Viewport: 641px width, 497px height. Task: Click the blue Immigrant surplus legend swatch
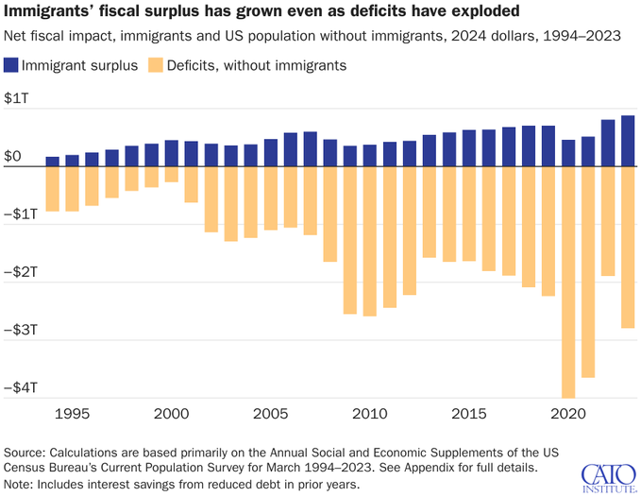13,65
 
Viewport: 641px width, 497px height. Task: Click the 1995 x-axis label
72,414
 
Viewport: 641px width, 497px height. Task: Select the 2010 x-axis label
369,414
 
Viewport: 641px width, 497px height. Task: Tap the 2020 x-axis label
568,414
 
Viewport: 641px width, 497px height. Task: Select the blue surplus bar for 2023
628,141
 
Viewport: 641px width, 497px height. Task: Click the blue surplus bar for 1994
52,162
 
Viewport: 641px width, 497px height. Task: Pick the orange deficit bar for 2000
171,174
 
